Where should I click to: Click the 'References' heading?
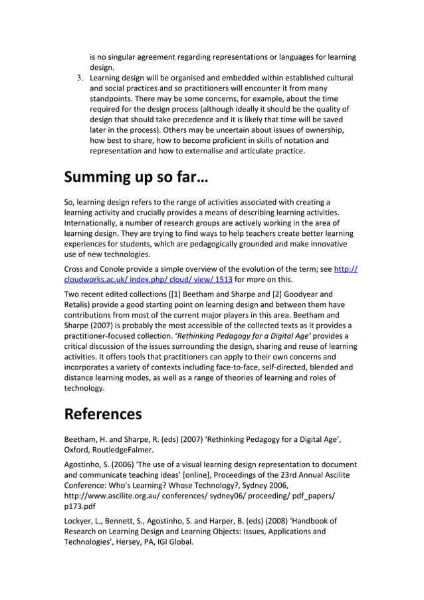pos(103,414)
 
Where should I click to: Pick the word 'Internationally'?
pos(91,223)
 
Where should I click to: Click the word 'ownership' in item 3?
pos(324,130)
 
